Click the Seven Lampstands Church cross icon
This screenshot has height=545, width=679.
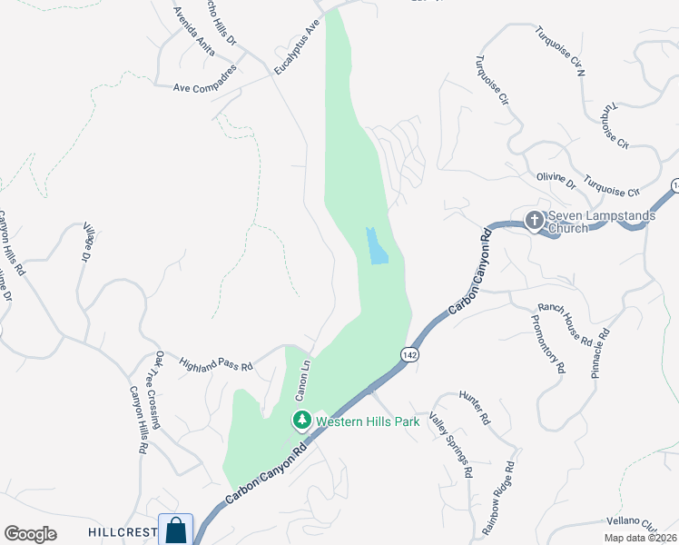pos(534,219)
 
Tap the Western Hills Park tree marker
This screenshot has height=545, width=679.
pos(301,421)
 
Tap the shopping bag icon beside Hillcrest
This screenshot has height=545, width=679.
pos(175,530)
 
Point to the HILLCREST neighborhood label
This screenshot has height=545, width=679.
pos(123,531)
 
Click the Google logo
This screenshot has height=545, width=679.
pos(30,534)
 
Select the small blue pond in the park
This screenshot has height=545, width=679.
pos(377,246)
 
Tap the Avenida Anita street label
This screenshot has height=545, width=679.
pos(195,35)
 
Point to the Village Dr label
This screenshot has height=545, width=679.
pos(88,243)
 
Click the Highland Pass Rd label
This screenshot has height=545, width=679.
pos(215,363)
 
